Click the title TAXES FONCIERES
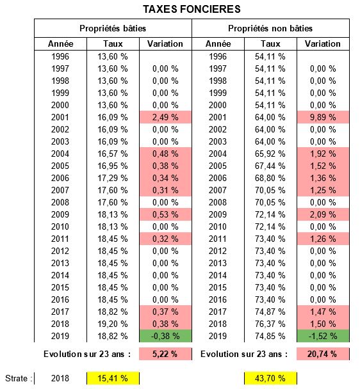pos(192,9)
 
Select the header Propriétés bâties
pos(113,28)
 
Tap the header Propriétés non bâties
pos(270,28)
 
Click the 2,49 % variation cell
pos(165,117)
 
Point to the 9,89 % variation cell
pos(323,117)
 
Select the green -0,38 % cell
pos(165,336)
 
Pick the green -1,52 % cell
pos(323,336)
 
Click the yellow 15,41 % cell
pos(113,378)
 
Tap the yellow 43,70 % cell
pos(270,378)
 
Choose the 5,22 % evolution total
pos(165,354)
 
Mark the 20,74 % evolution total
pos(323,354)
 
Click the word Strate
pos(16,378)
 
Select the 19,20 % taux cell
pos(113,324)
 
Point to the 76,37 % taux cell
pos(270,324)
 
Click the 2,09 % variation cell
pos(323,214)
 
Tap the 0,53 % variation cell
pos(165,214)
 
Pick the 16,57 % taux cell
pos(113,154)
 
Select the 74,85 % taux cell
pos(270,336)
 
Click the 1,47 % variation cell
pos(323,312)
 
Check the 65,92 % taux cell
pos(270,154)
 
